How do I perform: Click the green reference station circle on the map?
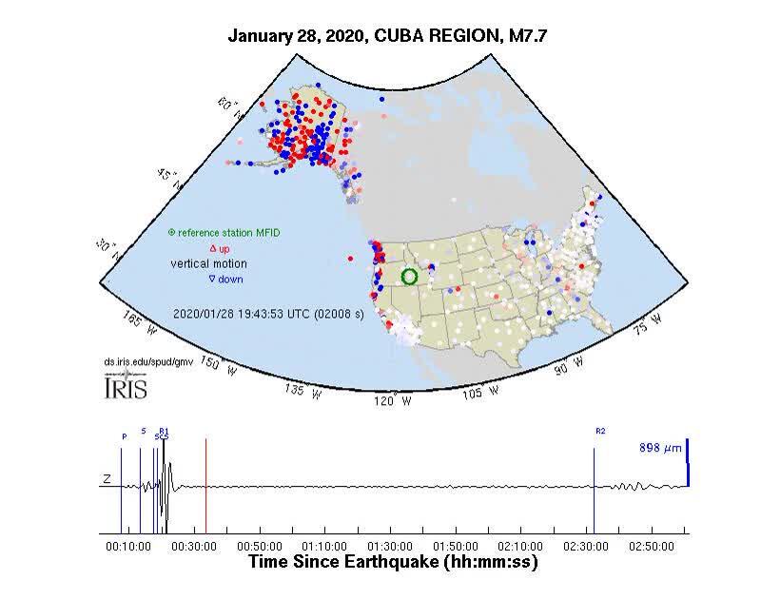point(410,277)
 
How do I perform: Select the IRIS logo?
point(124,387)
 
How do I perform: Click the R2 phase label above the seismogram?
point(600,432)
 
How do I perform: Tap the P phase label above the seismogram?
point(124,436)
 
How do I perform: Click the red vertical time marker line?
point(205,485)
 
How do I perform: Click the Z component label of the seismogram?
point(108,481)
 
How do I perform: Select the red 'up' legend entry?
point(219,248)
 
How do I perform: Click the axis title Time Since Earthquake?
point(393,562)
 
